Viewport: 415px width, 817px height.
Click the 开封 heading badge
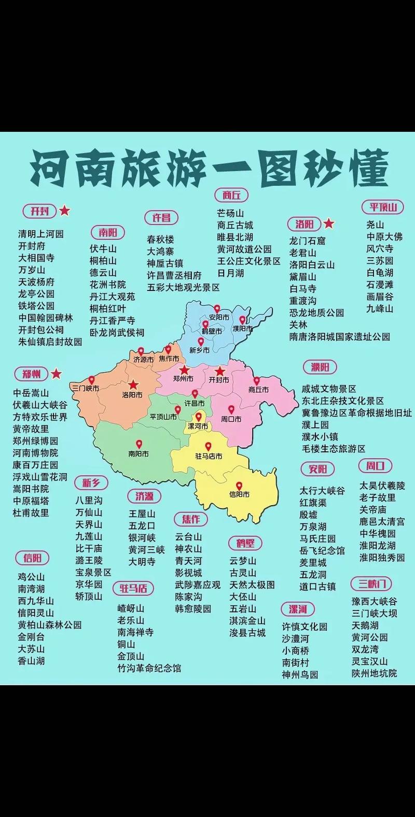[x=39, y=211]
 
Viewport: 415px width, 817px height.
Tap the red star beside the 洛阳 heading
[x=329, y=224]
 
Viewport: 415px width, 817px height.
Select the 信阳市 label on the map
[x=239, y=494]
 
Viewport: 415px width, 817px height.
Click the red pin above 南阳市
[x=139, y=445]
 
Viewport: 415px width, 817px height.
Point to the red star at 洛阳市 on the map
[x=133, y=384]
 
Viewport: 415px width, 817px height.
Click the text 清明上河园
[x=41, y=233]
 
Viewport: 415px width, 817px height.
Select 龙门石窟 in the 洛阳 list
[x=308, y=241]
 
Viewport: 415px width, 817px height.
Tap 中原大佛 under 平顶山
[x=384, y=237]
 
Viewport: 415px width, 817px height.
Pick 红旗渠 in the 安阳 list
[x=313, y=503]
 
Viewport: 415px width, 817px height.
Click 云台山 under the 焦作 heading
[x=188, y=537]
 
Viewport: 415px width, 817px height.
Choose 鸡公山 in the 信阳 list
[x=32, y=577]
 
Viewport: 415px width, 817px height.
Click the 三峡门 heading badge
[x=371, y=584]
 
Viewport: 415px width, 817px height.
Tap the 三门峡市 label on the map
[x=86, y=387]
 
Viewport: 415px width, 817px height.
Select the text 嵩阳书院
[x=31, y=489]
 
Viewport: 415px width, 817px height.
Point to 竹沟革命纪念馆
[x=149, y=668]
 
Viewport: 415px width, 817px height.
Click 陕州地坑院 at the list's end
[x=374, y=673]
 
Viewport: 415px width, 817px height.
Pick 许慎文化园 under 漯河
[x=305, y=627]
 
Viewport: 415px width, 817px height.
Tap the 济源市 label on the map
[x=144, y=359]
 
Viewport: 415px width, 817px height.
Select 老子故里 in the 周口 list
[x=378, y=497]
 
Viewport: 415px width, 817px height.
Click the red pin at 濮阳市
[x=242, y=320]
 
